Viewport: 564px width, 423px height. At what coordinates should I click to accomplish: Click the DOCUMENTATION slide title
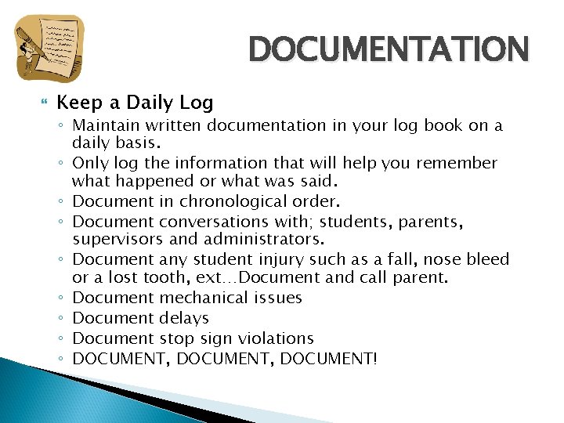point(389,49)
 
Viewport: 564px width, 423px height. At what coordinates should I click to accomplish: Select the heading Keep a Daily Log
point(135,103)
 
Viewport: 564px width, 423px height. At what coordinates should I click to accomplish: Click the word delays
point(183,318)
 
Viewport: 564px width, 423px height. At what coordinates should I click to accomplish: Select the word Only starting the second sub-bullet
point(88,163)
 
